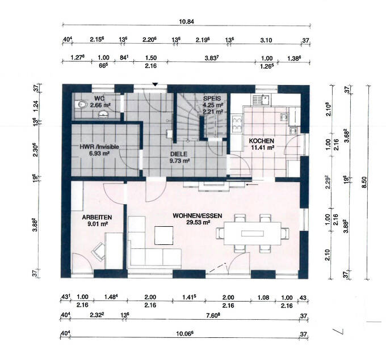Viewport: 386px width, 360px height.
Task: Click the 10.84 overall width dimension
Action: click(x=186, y=22)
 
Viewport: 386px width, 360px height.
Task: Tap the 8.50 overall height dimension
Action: click(x=364, y=182)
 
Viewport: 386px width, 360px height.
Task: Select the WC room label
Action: click(x=99, y=99)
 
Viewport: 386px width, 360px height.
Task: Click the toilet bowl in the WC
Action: click(x=81, y=105)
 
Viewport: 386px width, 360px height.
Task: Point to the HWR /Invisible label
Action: click(x=99, y=147)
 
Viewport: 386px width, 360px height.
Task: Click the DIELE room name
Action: click(x=179, y=154)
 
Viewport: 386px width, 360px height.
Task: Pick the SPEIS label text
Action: click(x=212, y=99)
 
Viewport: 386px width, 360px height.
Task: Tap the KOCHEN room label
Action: click(x=262, y=141)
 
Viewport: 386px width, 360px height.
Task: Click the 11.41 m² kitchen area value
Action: click(x=263, y=147)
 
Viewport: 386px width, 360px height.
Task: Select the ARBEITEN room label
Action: click(x=97, y=217)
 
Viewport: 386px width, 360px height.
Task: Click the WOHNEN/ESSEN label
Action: click(x=198, y=215)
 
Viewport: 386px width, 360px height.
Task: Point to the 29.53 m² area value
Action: click(x=198, y=222)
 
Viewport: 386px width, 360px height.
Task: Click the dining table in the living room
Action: click(x=253, y=234)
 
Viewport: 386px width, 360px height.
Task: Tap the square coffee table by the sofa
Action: click(x=163, y=235)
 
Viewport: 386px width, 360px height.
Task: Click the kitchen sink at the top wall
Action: click(x=261, y=100)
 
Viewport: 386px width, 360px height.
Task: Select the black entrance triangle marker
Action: click(x=155, y=84)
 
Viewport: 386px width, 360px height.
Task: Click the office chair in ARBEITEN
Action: click(x=98, y=251)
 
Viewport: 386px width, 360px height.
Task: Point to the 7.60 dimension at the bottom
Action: click(x=213, y=315)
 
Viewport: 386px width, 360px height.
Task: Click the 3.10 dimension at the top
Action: click(x=266, y=40)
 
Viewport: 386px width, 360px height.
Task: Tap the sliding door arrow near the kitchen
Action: click(x=252, y=184)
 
